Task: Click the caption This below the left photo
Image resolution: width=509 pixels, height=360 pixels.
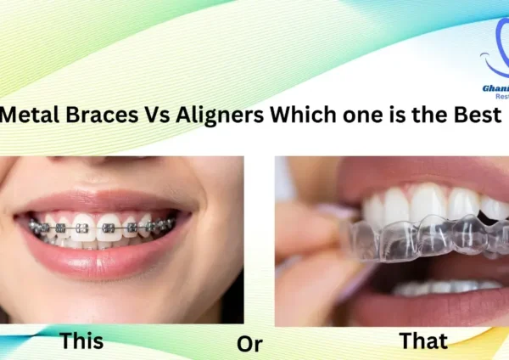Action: (x=81, y=342)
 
